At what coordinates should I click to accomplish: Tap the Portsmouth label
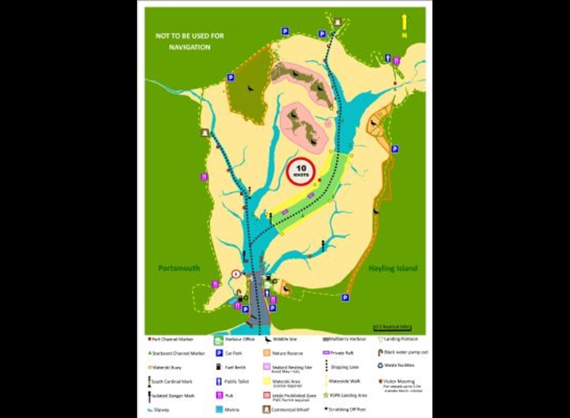tap(180, 268)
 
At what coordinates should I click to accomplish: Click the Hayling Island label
tap(392, 268)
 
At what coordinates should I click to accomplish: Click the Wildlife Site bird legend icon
tap(268, 340)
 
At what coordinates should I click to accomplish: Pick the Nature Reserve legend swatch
tap(268, 353)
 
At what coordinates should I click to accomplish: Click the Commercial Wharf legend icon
tap(268, 408)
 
